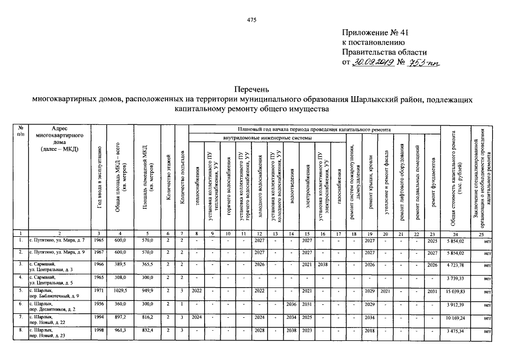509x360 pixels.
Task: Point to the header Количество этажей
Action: (168, 180)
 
